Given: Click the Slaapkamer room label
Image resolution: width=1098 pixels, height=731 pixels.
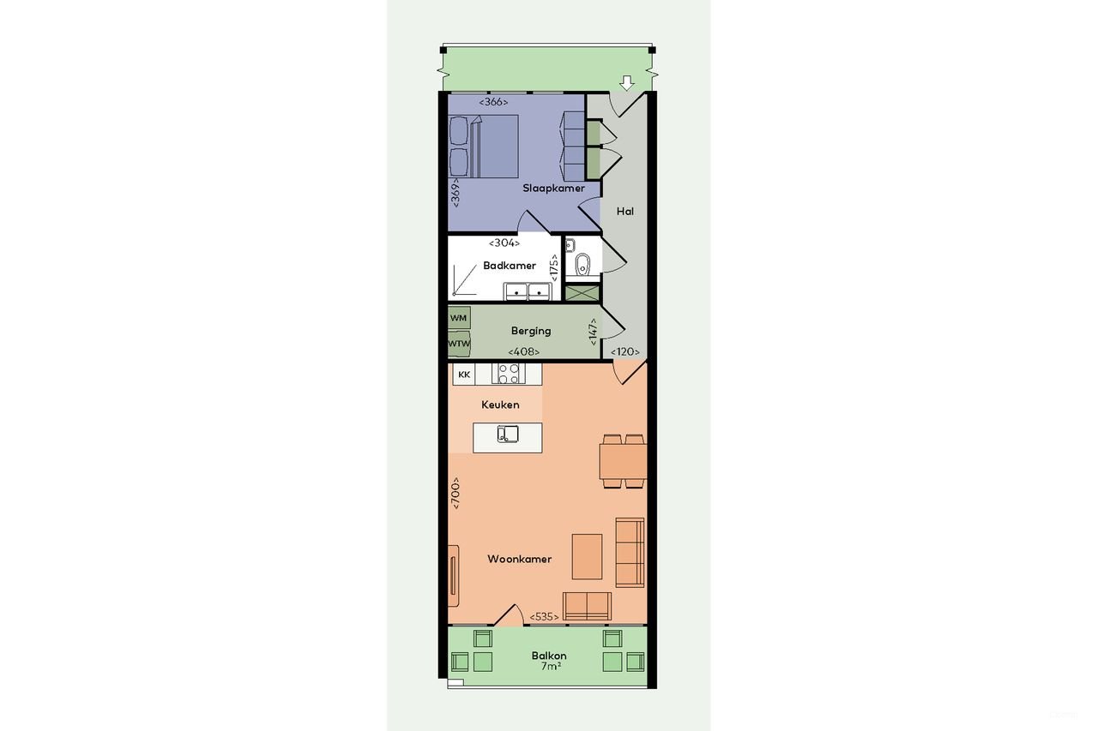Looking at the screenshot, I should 553,188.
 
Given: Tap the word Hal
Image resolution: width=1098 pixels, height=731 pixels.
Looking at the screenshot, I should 625,211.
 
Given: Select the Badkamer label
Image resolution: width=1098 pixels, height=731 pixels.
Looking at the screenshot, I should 509,266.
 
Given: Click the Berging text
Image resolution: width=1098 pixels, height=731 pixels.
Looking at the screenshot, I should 531,331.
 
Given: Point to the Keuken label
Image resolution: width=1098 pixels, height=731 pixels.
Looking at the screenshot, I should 500,404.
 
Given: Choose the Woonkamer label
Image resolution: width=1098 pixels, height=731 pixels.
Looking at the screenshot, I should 519,560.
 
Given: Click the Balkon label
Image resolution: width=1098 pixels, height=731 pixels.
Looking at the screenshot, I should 548,656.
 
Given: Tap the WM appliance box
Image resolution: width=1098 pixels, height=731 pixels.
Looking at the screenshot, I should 459,318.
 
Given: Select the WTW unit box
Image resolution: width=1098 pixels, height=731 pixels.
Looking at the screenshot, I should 459,344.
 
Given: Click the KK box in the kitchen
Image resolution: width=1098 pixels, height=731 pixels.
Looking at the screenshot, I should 464,374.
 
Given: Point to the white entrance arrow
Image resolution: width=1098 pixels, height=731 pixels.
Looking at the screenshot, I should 627,82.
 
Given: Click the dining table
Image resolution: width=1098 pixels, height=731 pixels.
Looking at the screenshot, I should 623,462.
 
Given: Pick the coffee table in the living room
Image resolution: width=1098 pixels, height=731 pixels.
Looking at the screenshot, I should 588,556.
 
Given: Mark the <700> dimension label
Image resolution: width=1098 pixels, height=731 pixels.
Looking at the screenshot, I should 455,494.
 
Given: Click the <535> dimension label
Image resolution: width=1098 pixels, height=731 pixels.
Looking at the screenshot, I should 545,617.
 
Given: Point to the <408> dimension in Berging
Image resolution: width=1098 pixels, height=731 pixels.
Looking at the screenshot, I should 522,351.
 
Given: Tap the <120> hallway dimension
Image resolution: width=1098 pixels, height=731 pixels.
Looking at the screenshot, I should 625,351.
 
